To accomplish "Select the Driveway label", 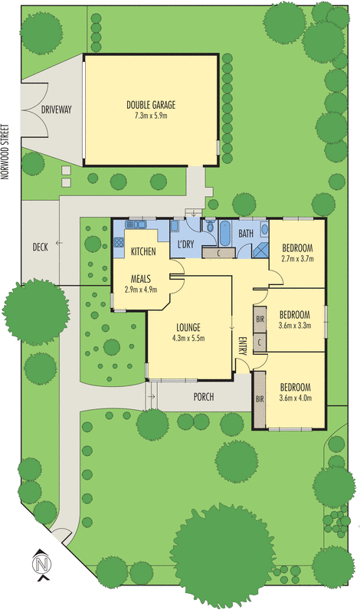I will click(x=57, y=110).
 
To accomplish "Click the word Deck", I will click(x=41, y=247).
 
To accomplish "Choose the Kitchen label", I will click(x=143, y=251).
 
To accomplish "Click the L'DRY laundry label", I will click(x=185, y=244).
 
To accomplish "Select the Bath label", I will click(x=246, y=233).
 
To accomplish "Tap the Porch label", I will click(x=204, y=397).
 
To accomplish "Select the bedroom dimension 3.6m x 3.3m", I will click(x=295, y=326).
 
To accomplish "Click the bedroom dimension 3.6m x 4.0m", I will click(x=295, y=398).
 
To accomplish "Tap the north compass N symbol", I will click(x=41, y=565).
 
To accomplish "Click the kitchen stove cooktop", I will click(x=119, y=242).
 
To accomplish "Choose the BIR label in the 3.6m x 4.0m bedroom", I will click(x=260, y=398).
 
